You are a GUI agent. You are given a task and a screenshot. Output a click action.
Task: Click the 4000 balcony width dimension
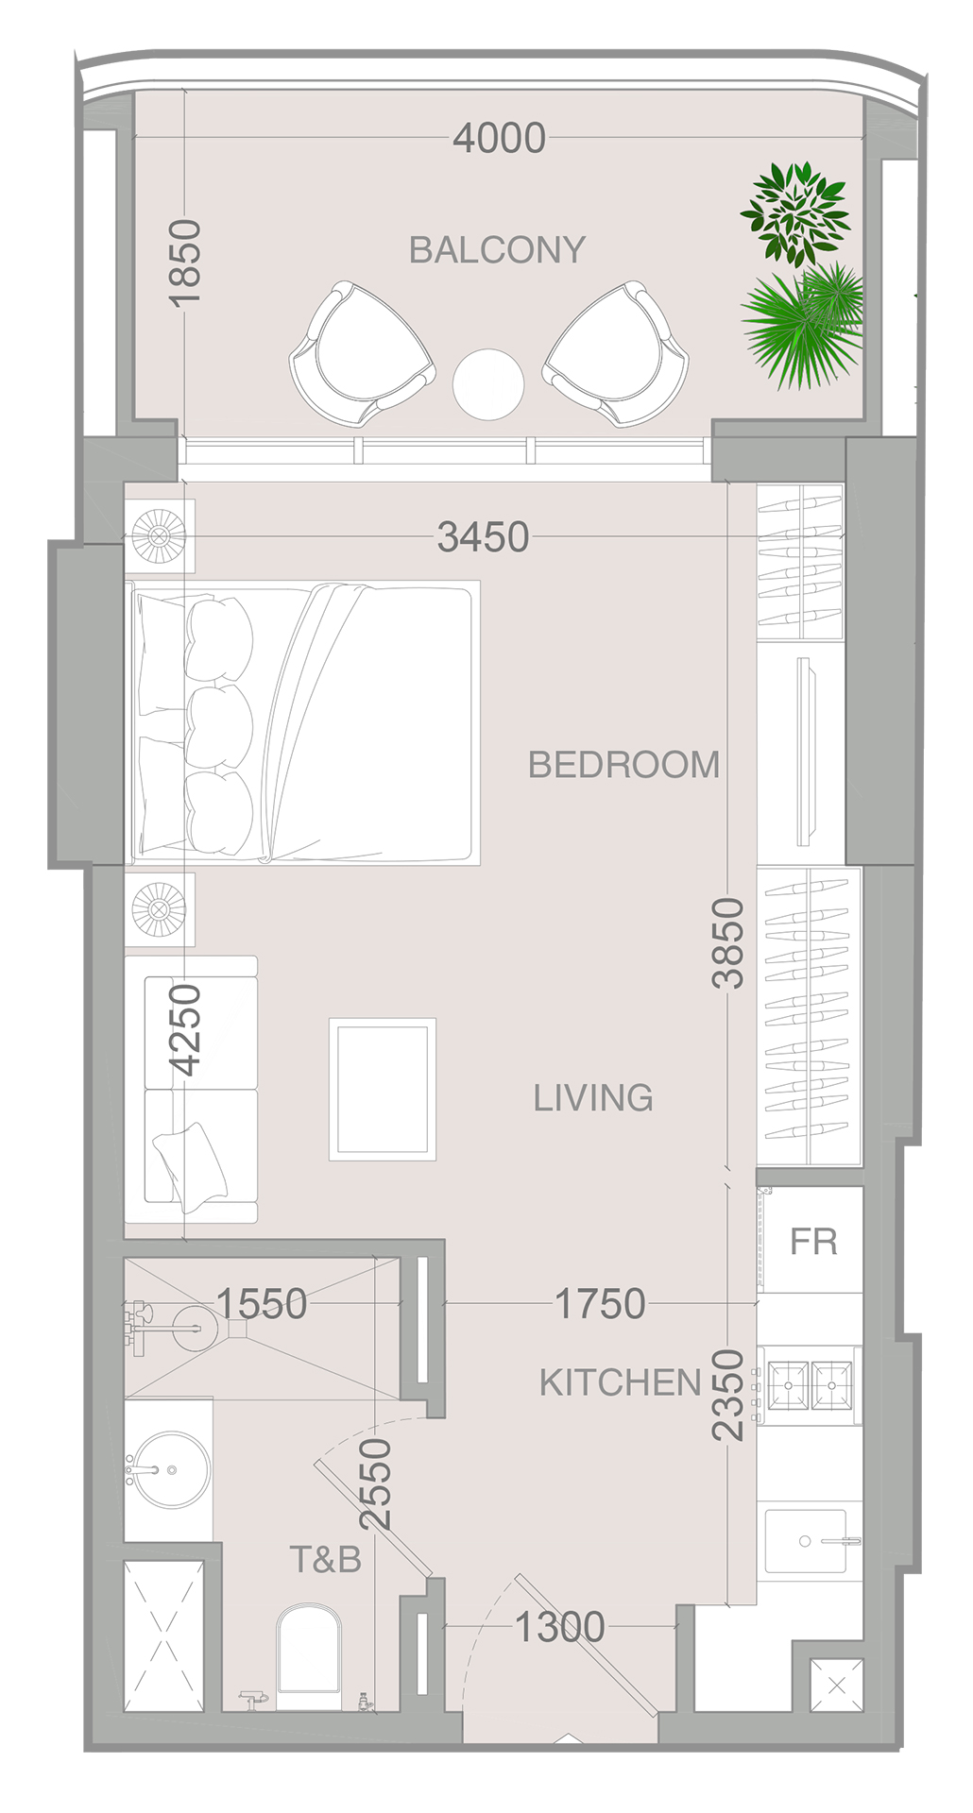tap(499, 138)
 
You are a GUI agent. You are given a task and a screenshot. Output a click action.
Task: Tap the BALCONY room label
tap(497, 250)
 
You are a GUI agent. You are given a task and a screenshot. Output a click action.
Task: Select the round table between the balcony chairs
tap(487, 384)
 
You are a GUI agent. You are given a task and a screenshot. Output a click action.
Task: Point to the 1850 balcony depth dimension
tap(186, 262)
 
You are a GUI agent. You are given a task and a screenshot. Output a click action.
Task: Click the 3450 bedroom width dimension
tap(483, 537)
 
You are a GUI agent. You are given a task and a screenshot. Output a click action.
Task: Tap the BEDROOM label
tap(623, 764)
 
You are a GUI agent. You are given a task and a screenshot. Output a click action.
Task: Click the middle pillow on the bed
tap(219, 725)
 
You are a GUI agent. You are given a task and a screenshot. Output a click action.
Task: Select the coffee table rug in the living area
tap(382, 1089)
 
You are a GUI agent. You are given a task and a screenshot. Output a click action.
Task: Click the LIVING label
tap(593, 1097)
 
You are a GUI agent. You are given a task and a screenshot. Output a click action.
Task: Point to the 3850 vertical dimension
tap(728, 942)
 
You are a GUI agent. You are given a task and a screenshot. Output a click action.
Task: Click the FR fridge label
tap(813, 1242)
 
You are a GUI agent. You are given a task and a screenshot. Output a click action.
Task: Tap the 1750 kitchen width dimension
tap(600, 1304)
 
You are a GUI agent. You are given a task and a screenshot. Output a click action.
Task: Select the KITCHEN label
tap(620, 1382)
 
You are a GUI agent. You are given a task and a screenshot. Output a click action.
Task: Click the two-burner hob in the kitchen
tap(810, 1385)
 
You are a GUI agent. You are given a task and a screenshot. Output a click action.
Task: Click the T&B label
tap(325, 1559)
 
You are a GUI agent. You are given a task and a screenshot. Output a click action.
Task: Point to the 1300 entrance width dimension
tap(559, 1627)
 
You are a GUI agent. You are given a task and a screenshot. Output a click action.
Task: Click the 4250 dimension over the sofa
tap(186, 1029)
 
